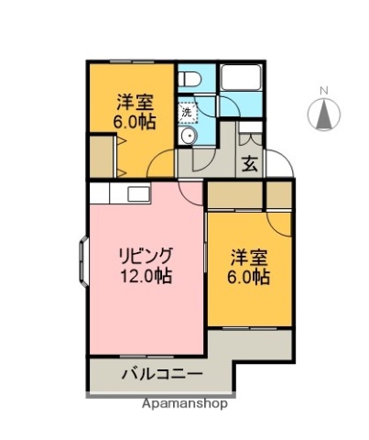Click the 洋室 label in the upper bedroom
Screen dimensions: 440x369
click(133, 101)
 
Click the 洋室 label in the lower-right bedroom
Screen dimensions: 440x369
click(248, 258)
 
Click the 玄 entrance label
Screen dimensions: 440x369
click(249, 166)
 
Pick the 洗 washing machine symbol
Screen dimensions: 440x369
click(186, 112)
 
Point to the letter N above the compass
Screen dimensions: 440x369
click(323, 90)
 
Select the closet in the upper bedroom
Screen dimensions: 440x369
click(102, 155)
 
